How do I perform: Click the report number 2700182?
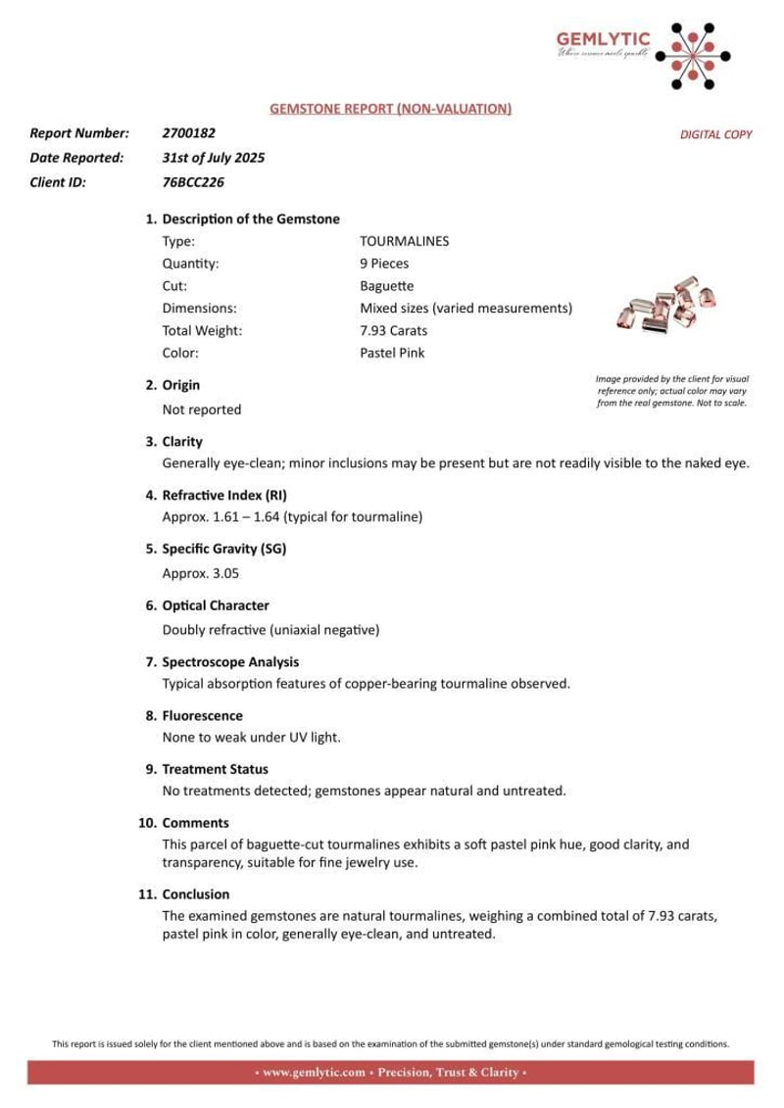(x=188, y=132)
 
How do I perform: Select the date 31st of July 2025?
(x=213, y=157)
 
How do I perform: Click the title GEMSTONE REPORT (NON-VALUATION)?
(x=390, y=109)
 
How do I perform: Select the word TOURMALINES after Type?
(x=405, y=239)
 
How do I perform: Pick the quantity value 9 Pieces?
(x=384, y=263)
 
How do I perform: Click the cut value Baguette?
(x=386, y=285)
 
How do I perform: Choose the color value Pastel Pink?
(x=392, y=354)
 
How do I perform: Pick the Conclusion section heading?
(x=195, y=894)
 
